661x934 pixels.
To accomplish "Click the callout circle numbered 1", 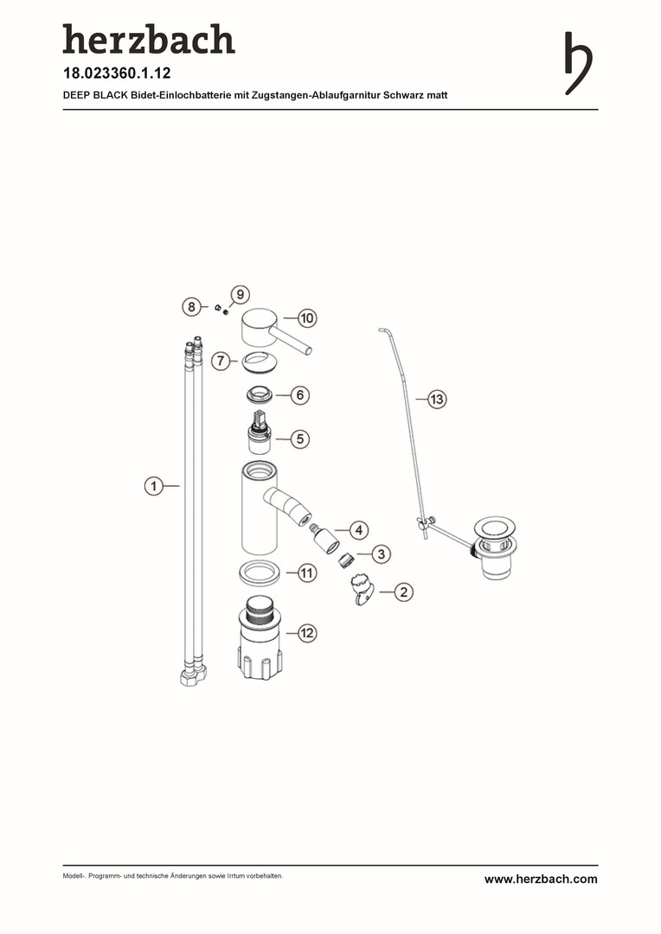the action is pyautogui.click(x=154, y=486).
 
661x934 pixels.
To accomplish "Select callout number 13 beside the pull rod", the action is pyautogui.click(x=438, y=399).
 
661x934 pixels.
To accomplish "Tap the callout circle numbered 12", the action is pyautogui.click(x=306, y=632).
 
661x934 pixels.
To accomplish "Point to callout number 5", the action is pyautogui.click(x=300, y=439).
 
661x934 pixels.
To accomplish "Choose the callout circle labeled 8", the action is pyautogui.click(x=190, y=307).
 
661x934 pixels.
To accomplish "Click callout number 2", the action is pyautogui.click(x=404, y=592).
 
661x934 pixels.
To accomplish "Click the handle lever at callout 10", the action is pyautogui.click(x=275, y=331).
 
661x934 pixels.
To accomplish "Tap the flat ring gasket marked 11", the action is pyautogui.click(x=259, y=573).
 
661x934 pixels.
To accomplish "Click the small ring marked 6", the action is pyautogui.click(x=260, y=394).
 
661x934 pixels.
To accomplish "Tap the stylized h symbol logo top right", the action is pyautogui.click(x=578, y=63).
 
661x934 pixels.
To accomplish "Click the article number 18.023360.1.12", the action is pyautogui.click(x=117, y=74).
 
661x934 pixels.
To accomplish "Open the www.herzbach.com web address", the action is pyautogui.click(x=541, y=880).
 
